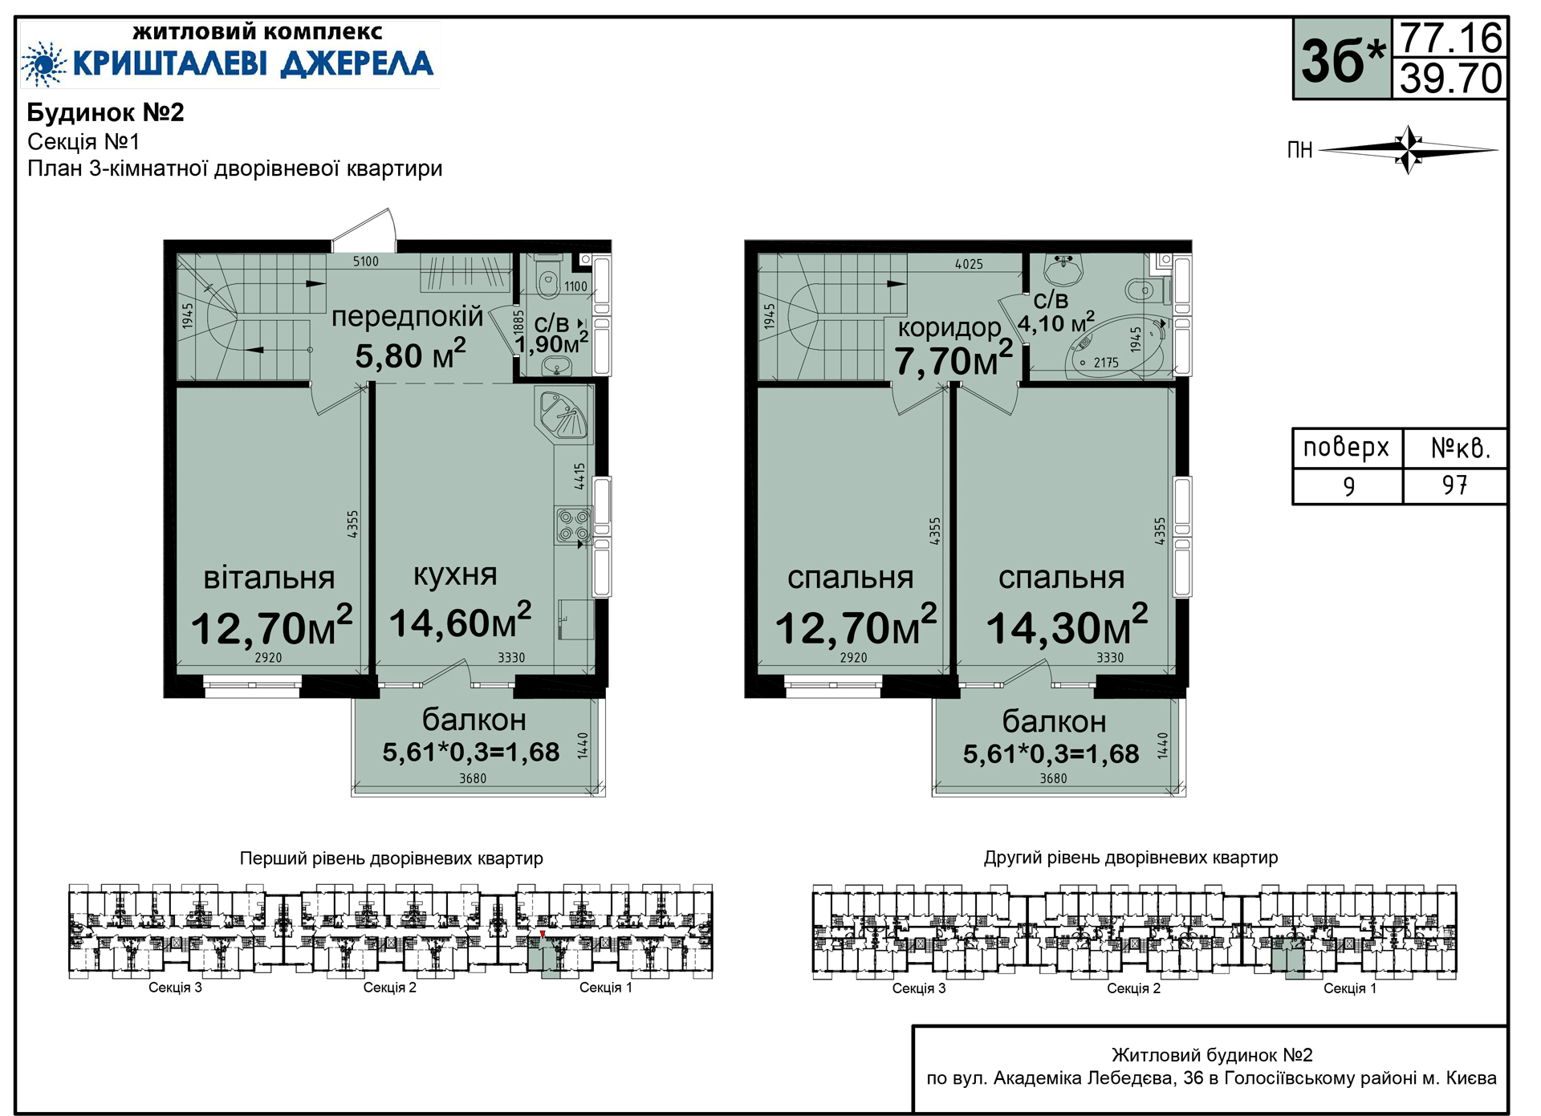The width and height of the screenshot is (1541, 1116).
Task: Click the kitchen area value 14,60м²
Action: tap(460, 622)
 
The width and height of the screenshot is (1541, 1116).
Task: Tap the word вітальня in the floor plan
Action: tap(269, 578)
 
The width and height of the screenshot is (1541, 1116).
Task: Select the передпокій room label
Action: tap(407, 318)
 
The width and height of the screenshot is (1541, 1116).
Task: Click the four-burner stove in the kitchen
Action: tap(574, 526)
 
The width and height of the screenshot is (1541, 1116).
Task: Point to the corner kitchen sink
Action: tap(563, 414)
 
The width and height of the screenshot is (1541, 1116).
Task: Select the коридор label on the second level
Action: tap(949, 327)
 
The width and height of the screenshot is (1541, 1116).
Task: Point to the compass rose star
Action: tap(1409, 149)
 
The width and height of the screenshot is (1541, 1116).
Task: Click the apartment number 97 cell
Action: tap(1454, 485)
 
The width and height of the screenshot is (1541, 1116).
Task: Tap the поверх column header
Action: tap(1346, 448)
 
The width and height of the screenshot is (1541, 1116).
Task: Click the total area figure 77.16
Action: tap(1451, 38)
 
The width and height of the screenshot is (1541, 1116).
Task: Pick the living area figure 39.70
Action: tap(1451, 79)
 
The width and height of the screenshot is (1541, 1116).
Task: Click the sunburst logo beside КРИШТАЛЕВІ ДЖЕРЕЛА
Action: tap(44, 63)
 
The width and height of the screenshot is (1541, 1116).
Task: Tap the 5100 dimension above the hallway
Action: tap(366, 262)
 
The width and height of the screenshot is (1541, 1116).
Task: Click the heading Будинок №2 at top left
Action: tap(106, 112)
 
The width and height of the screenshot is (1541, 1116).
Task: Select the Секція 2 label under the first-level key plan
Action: tap(390, 988)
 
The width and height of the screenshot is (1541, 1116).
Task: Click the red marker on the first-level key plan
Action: tap(543, 934)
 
